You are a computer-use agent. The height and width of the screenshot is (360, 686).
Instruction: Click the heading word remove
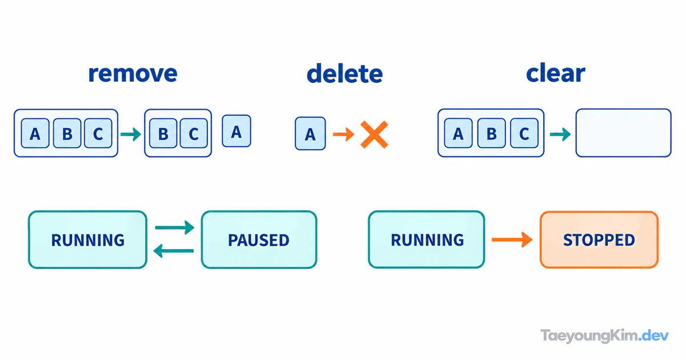pyautogui.click(x=133, y=74)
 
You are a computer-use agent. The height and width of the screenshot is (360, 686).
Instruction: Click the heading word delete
pyautogui.click(x=345, y=74)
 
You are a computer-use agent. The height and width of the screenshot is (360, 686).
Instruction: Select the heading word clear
pyautogui.click(x=556, y=73)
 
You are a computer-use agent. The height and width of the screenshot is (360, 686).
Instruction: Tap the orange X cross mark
pyautogui.click(x=374, y=134)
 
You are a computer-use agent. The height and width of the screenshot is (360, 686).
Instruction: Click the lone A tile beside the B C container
pyautogui.click(x=237, y=131)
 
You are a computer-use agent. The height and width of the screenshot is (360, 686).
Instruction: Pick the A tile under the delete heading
pyautogui.click(x=310, y=134)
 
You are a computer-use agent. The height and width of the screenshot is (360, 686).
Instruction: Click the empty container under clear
pyautogui.click(x=624, y=133)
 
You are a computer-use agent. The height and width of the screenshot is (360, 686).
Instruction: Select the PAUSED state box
pyautogui.click(x=259, y=239)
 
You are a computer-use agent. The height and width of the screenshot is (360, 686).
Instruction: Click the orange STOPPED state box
pyautogui.click(x=599, y=239)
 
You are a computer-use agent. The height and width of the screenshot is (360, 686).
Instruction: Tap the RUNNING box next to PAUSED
pyautogui.click(x=87, y=239)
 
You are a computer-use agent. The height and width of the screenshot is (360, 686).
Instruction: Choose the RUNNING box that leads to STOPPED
pyautogui.click(x=426, y=239)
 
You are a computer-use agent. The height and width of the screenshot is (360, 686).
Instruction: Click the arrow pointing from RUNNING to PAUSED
pyautogui.click(x=174, y=227)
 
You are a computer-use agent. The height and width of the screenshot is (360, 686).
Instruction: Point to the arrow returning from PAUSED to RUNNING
pyautogui.click(x=173, y=251)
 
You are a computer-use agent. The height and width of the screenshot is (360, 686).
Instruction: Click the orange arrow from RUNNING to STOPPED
pyautogui.click(x=512, y=239)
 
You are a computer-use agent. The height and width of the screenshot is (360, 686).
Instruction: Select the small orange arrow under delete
pyautogui.click(x=344, y=134)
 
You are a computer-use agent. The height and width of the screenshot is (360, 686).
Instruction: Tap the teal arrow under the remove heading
pyautogui.click(x=131, y=134)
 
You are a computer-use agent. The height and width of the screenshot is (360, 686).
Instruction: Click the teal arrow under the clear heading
pyautogui.click(x=560, y=134)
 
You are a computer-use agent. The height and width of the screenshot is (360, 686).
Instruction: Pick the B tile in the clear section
pyautogui.click(x=491, y=133)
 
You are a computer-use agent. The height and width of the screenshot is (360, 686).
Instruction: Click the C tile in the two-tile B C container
pyautogui.click(x=194, y=133)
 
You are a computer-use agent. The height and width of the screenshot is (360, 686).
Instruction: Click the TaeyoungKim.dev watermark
pyautogui.click(x=605, y=336)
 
